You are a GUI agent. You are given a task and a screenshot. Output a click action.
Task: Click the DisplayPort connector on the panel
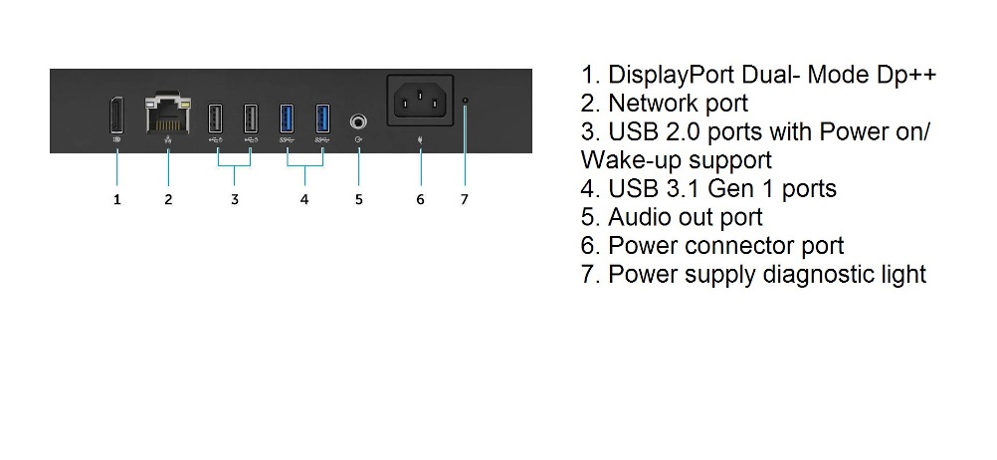[x=117, y=115]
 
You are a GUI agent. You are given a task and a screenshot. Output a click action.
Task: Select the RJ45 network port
[x=168, y=114]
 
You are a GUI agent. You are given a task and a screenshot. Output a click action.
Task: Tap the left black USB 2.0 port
[x=215, y=118]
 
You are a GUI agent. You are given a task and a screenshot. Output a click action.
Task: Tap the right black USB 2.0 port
[x=251, y=118]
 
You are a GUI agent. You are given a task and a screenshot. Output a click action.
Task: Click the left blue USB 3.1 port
[x=287, y=118]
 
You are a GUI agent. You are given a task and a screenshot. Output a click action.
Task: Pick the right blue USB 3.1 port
[x=323, y=118]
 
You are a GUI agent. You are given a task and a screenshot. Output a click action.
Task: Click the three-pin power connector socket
[x=420, y=101]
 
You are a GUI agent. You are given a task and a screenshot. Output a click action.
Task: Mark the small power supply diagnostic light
[x=466, y=101]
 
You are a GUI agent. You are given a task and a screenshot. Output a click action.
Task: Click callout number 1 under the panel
[x=117, y=200]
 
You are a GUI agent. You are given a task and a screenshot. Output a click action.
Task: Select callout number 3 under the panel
[x=235, y=200]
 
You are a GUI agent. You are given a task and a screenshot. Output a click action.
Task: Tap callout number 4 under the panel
[x=304, y=200]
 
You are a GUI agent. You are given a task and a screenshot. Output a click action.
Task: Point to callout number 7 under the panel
[x=464, y=200]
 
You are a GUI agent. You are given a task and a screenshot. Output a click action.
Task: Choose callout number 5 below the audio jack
[x=358, y=200]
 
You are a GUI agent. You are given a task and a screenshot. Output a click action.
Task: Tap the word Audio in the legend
[x=637, y=217]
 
